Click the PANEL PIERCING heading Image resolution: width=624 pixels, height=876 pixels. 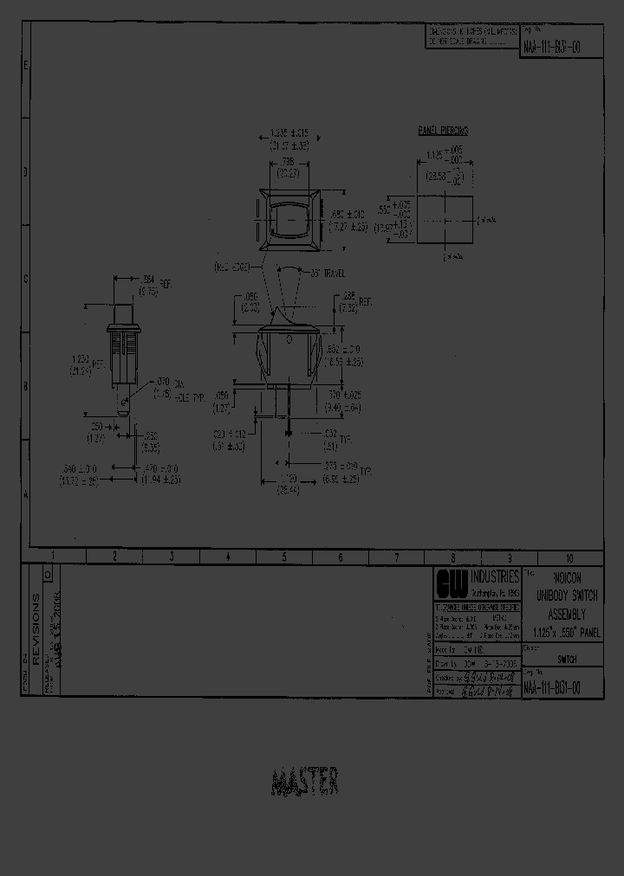click(443, 131)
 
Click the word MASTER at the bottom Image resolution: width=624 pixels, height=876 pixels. click(305, 783)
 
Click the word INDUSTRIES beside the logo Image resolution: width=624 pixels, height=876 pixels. click(495, 576)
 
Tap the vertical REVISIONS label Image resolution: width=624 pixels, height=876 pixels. click(36, 629)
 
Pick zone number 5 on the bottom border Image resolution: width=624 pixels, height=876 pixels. click(284, 558)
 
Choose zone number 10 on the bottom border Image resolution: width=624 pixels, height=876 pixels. click(569, 558)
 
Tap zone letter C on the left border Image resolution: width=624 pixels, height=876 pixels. click(26, 279)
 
